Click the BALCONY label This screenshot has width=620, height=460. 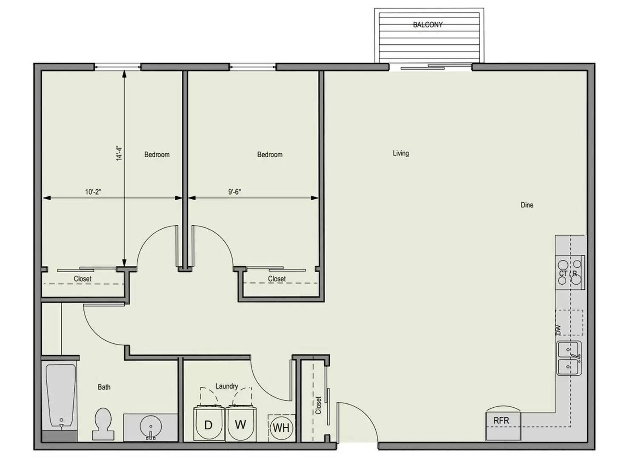(x=427, y=25)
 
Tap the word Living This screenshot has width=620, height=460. (x=400, y=153)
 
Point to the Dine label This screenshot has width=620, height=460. (x=527, y=205)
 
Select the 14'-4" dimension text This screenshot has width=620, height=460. (x=119, y=153)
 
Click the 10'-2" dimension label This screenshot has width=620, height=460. (x=93, y=192)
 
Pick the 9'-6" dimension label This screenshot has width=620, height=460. (x=234, y=192)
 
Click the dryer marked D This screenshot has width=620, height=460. (x=209, y=424)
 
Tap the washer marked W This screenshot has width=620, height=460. (x=241, y=423)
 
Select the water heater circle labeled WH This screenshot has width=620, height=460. (x=281, y=427)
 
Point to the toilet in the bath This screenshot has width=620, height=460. (x=103, y=424)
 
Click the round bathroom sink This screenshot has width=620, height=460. (x=151, y=426)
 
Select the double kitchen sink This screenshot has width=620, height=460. (x=569, y=358)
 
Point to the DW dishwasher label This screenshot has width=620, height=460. (x=558, y=330)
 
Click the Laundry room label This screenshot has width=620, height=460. (x=226, y=386)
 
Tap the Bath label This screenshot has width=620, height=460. (x=104, y=387)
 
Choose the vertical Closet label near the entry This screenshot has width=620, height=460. (x=318, y=405)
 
